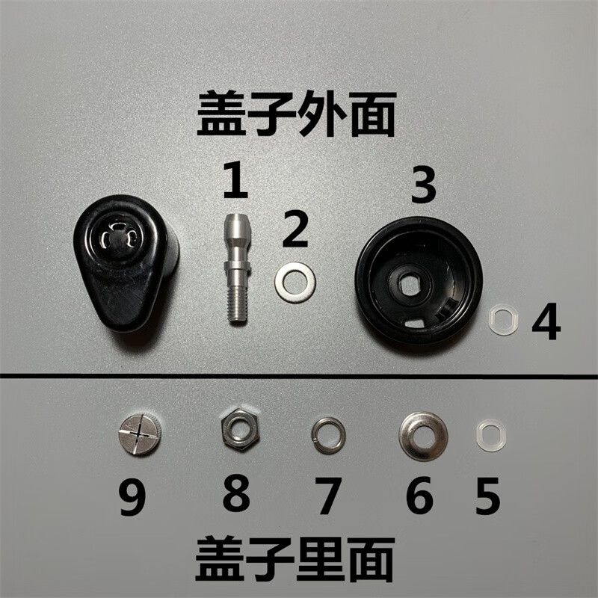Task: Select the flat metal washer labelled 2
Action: (x=295, y=282)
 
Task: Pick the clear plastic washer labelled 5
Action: (x=491, y=436)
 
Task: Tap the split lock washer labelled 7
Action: (x=328, y=435)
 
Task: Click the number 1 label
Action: (x=235, y=181)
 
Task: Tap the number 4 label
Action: (x=546, y=321)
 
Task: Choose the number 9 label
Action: (x=132, y=498)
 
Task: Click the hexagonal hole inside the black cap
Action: (x=408, y=283)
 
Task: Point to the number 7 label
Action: (x=327, y=496)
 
